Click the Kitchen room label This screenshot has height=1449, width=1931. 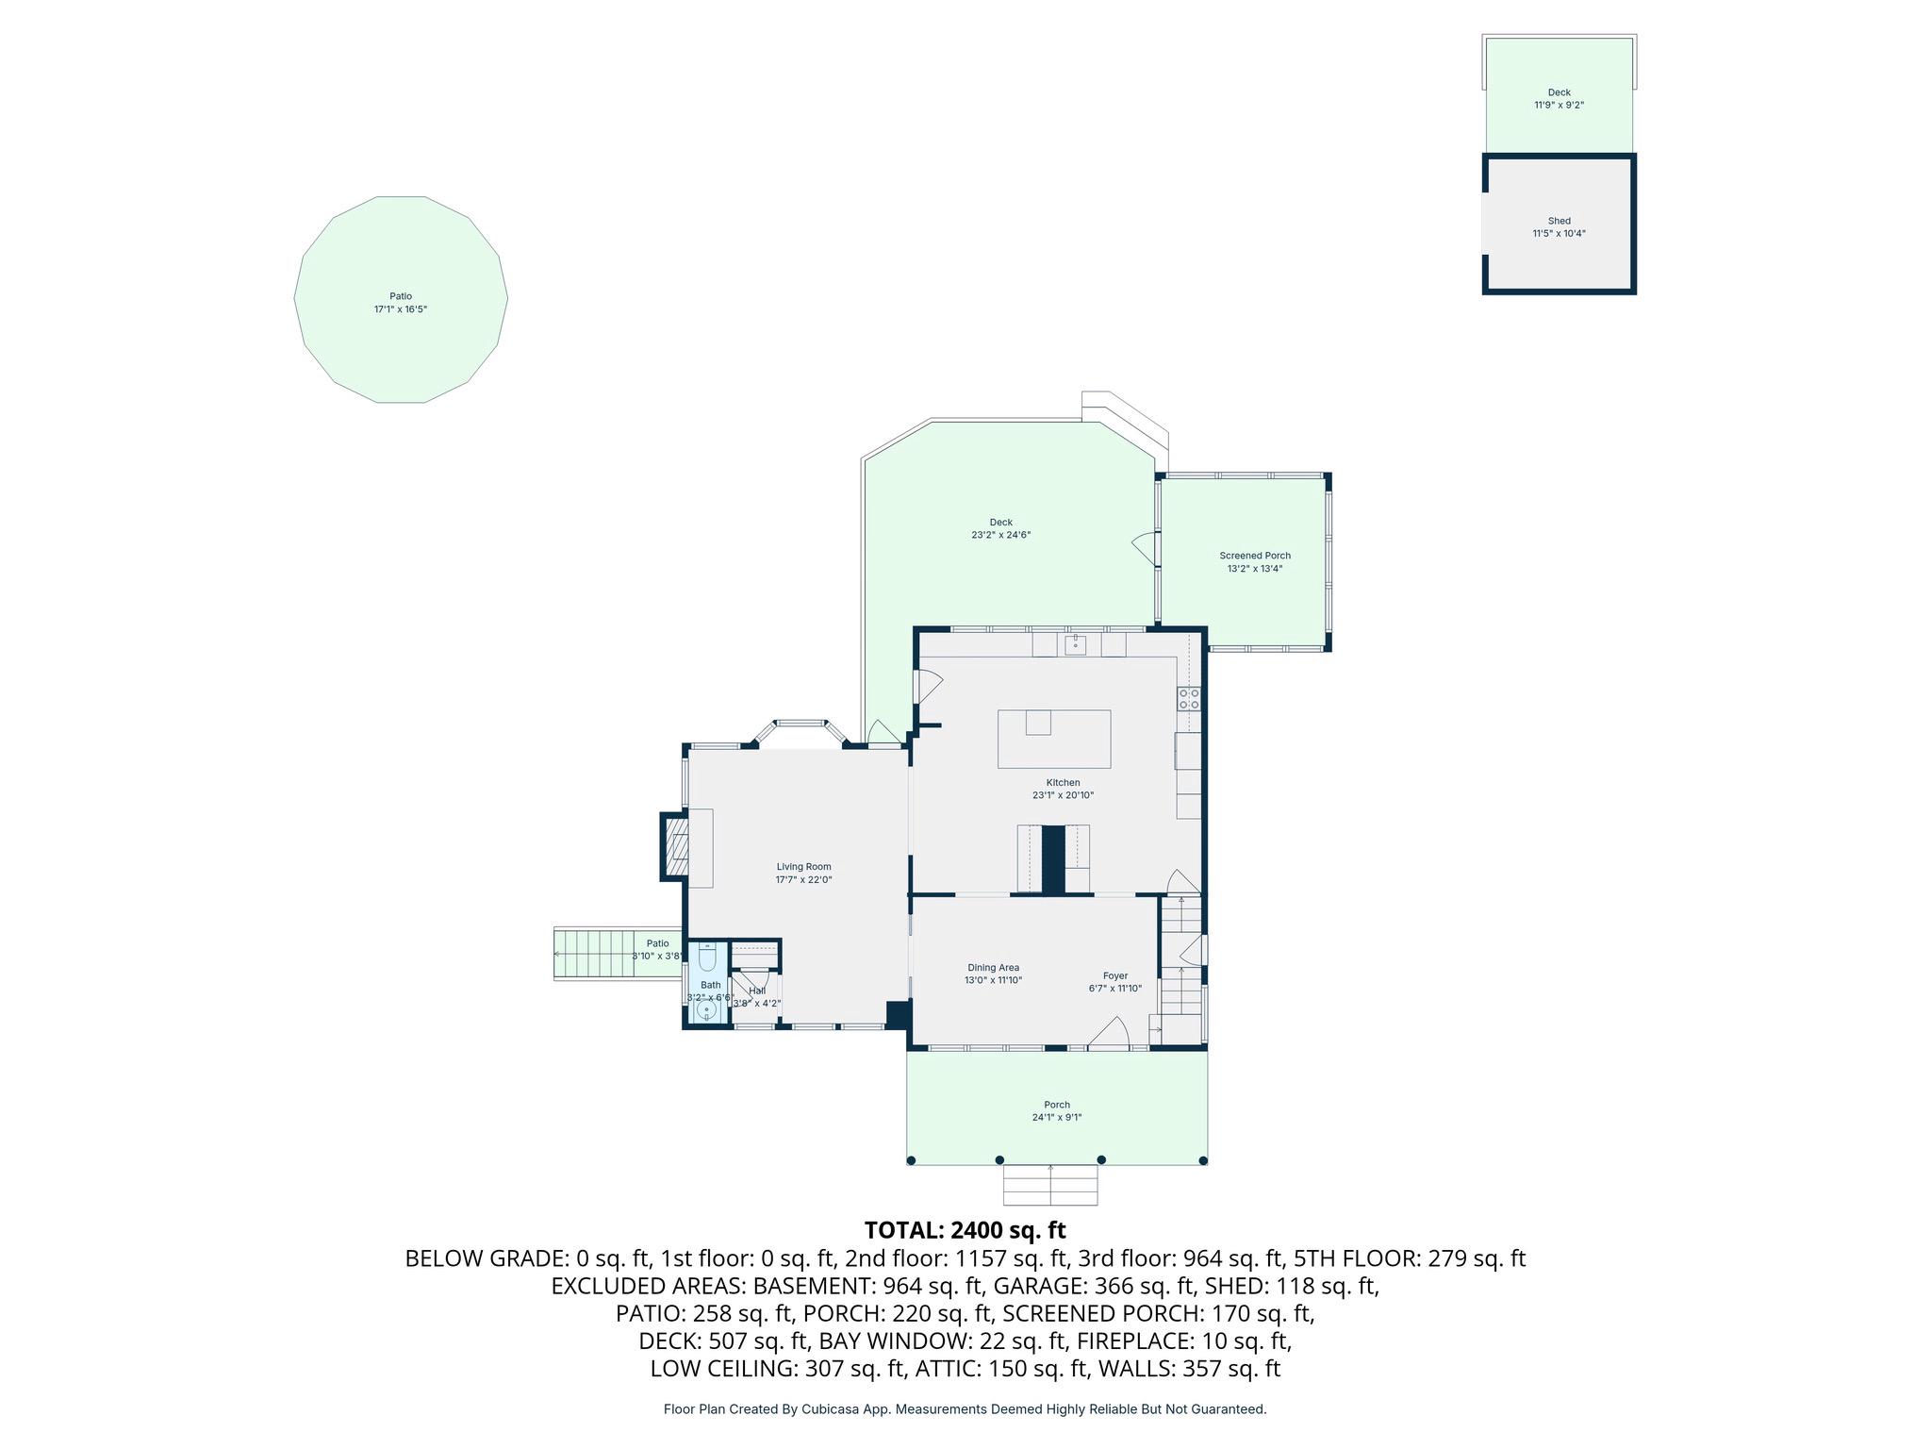point(1063,783)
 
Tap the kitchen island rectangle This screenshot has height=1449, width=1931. point(1054,740)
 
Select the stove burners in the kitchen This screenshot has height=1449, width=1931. point(1188,699)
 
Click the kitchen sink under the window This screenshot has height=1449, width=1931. point(1075,644)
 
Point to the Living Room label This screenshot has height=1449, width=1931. point(803,867)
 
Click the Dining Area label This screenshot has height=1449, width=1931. point(993,968)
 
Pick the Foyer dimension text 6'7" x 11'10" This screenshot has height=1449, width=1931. point(1115,989)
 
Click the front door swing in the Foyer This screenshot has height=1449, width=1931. point(1112,1034)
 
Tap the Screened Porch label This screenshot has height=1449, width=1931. point(1254,556)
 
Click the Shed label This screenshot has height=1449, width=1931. point(1559,221)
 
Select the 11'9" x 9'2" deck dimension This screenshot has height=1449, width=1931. point(1559,106)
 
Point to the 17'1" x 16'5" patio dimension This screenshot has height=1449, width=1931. point(401,309)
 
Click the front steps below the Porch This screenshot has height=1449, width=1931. point(1050,1185)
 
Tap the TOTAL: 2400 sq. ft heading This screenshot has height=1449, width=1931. point(965,1230)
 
